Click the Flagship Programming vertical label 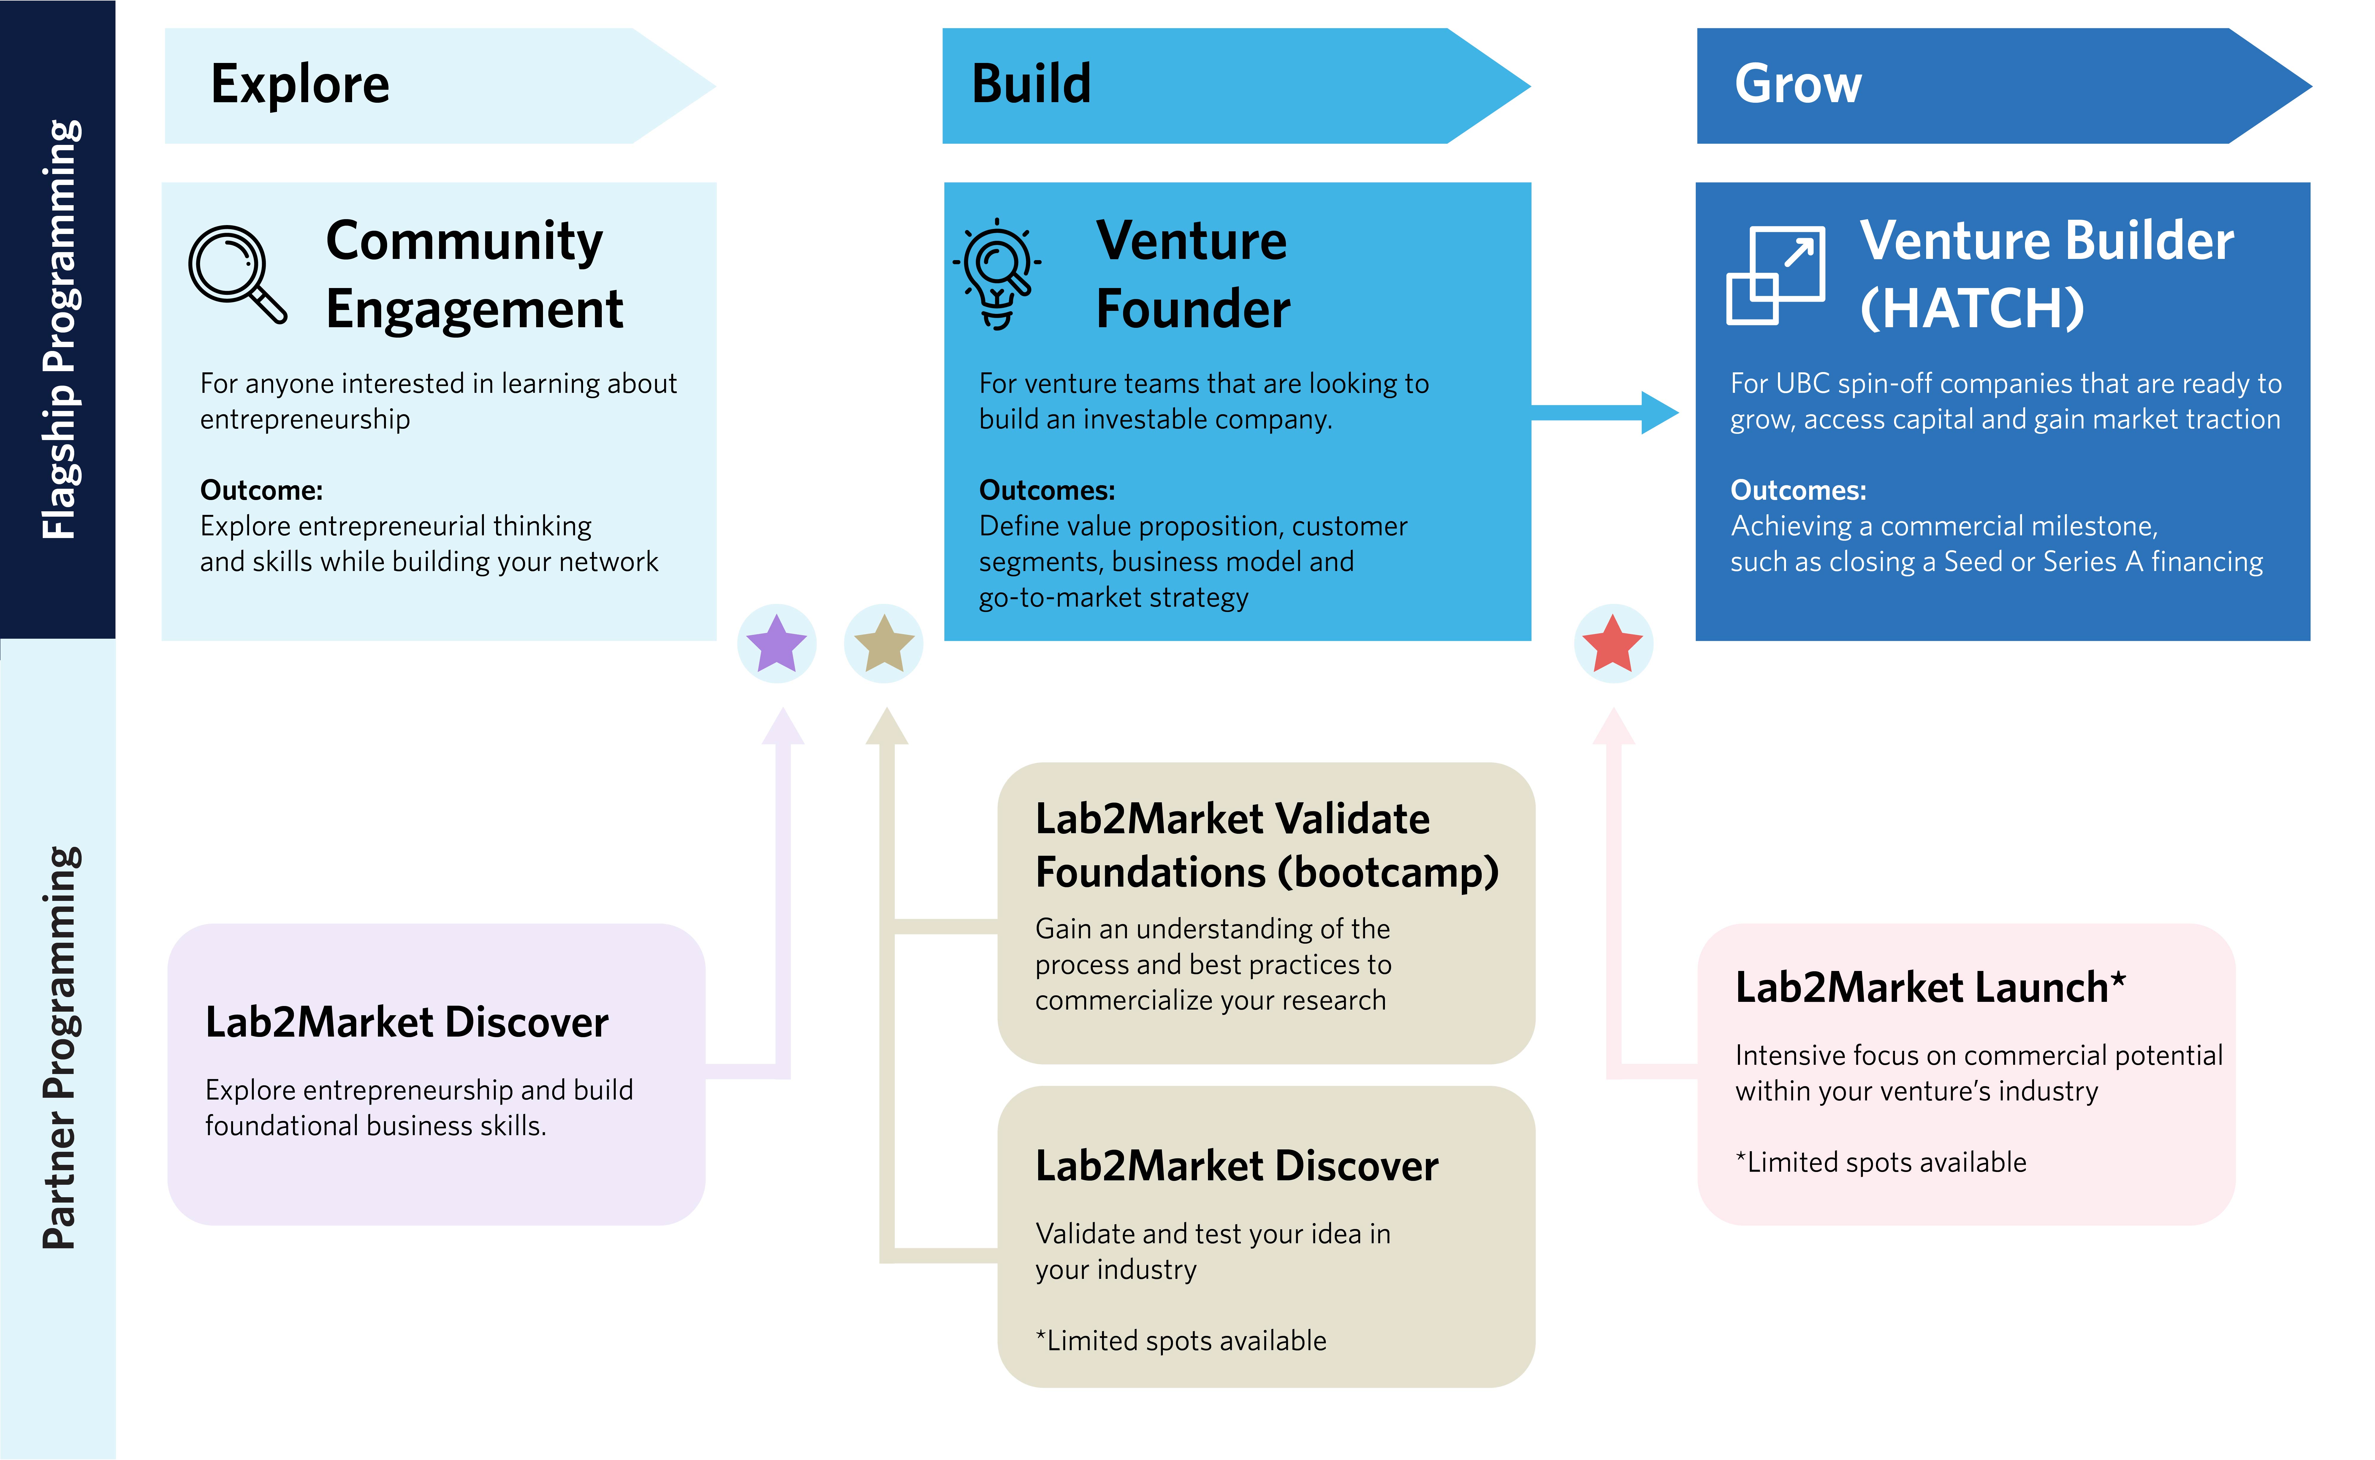point(60,328)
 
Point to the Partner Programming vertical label point(60,1048)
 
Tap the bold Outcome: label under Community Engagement point(261,491)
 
